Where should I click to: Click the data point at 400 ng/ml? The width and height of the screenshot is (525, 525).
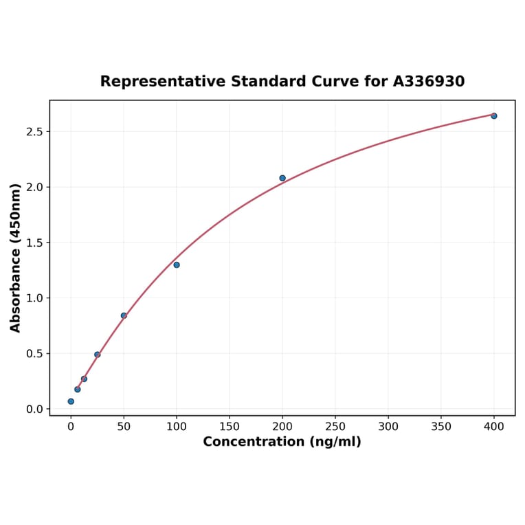point(494,115)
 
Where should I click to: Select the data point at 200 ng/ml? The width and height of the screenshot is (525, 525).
point(282,178)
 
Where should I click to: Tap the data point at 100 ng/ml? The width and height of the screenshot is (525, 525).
point(177,265)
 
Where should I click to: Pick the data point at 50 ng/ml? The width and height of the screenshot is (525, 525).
point(124,315)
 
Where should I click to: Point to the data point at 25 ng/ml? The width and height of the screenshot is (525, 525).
point(98,355)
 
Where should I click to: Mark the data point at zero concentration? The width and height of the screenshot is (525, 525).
point(71,401)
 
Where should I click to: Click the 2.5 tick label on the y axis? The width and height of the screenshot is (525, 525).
point(34,131)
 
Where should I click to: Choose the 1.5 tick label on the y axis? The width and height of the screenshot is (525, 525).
point(34,243)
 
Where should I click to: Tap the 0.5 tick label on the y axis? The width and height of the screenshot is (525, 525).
point(34,354)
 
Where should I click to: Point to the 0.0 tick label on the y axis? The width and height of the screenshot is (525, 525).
point(34,410)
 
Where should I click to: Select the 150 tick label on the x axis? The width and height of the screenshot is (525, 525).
point(230,427)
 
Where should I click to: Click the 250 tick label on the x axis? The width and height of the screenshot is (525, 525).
point(335,427)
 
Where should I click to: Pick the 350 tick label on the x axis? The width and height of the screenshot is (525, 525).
point(441,427)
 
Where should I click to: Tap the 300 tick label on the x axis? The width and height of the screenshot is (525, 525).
point(388,427)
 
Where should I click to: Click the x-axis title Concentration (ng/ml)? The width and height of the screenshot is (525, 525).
point(282,442)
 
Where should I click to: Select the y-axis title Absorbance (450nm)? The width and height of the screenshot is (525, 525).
point(16,258)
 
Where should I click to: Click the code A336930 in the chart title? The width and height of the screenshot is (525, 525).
point(429,81)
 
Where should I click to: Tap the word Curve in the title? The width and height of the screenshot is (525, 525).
point(331,81)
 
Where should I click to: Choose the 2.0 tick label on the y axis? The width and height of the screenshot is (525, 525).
point(34,187)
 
